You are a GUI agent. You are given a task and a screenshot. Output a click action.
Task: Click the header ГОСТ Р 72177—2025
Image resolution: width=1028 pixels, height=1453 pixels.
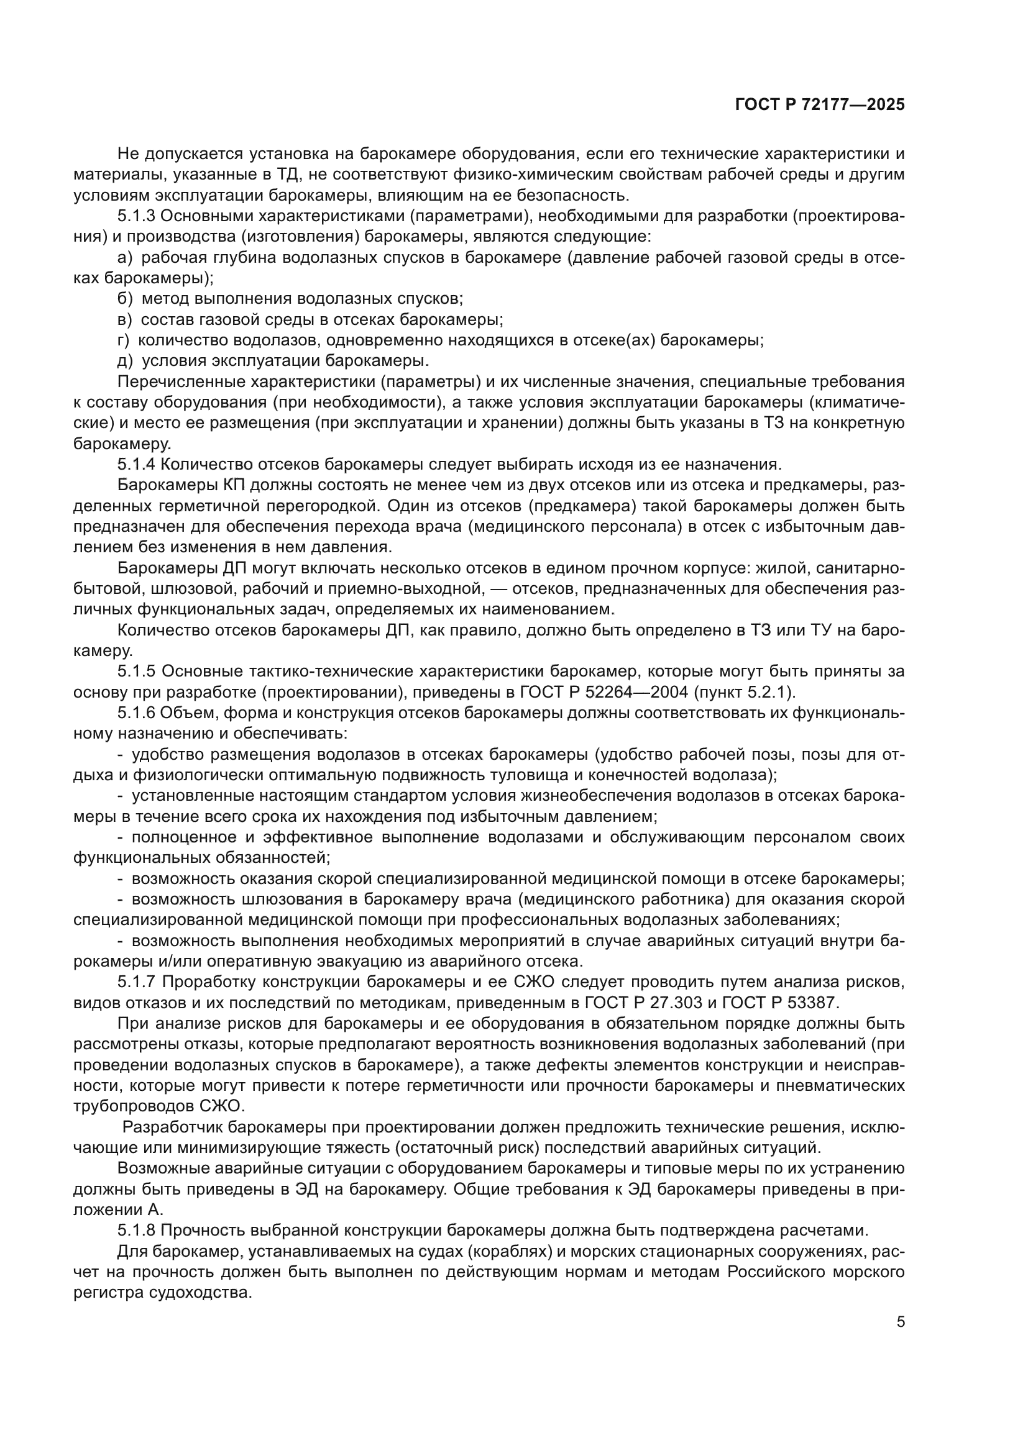click(820, 104)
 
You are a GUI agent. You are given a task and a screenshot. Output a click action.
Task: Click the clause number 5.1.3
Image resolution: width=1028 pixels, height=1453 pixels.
click(136, 216)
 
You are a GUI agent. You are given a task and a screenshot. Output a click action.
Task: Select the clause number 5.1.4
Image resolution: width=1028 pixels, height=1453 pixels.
click(136, 465)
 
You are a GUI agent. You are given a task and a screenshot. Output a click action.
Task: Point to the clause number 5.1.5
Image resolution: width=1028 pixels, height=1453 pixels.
click(136, 672)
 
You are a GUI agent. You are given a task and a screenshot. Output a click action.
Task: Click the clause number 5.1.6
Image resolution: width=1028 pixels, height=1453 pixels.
click(136, 713)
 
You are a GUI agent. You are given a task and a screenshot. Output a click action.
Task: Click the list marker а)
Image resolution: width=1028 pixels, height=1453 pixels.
click(125, 258)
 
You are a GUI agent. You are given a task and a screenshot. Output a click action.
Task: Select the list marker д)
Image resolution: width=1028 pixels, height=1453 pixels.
click(126, 361)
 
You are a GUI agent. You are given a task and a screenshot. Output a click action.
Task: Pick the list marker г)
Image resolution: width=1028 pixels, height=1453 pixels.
click(124, 340)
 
